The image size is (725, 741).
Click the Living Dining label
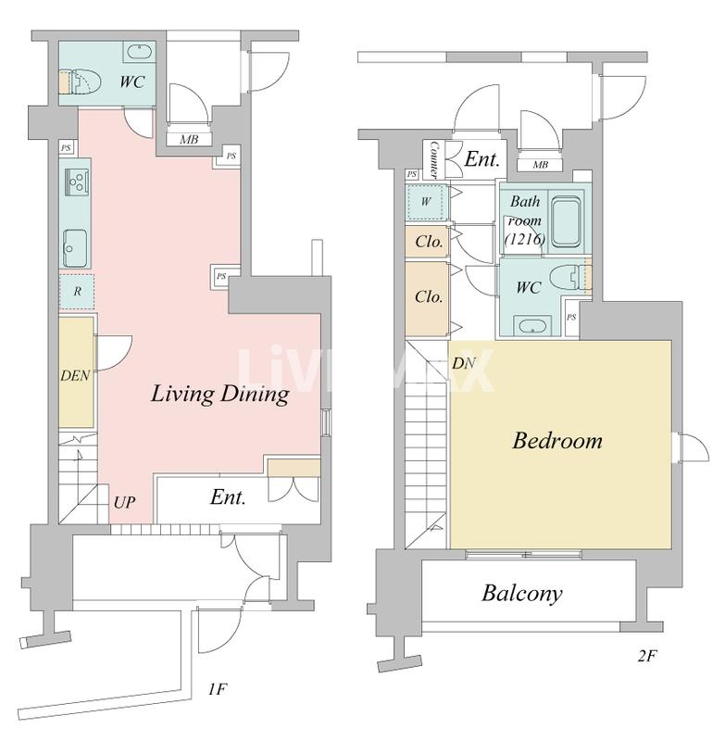coord(220,394)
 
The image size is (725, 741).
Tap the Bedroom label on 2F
coord(557,441)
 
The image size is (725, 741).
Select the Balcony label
coord(522,593)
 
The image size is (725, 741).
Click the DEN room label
coord(75,376)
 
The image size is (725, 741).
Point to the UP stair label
coord(124,502)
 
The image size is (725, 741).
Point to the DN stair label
coord(463,363)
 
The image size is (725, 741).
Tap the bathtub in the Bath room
coord(567,222)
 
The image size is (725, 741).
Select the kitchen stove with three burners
coord(77,181)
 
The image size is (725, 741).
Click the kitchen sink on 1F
coord(75,248)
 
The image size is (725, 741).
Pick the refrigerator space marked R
coord(77,291)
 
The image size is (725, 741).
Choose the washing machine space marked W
coord(426,202)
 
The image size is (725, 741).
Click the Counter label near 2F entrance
coord(433,160)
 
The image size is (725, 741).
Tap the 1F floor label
coord(218,690)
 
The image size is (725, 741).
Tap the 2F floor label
coord(647,656)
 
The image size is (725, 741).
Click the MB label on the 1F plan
coord(190,140)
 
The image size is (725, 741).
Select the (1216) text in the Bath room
coord(525,239)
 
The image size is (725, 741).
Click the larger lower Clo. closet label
coord(429,296)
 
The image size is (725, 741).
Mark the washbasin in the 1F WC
coord(139,52)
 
